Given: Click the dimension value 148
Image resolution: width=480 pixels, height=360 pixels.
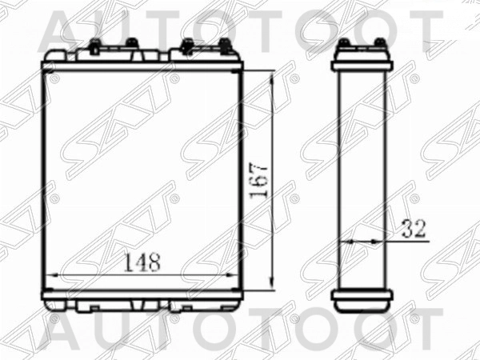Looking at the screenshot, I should click(143, 261).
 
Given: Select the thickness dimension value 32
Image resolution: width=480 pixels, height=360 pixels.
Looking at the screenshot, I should click(412, 229).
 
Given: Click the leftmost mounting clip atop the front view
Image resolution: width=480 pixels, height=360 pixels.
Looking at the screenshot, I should click(94, 46).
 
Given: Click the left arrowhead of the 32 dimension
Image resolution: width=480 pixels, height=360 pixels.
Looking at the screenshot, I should click(344, 240).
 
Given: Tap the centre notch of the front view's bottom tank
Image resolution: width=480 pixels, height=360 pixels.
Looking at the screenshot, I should click(142, 304).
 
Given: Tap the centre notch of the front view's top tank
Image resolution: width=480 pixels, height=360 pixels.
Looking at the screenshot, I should click(142, 54).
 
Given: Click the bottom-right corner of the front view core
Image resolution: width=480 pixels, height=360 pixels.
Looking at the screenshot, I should click(238, 293).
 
